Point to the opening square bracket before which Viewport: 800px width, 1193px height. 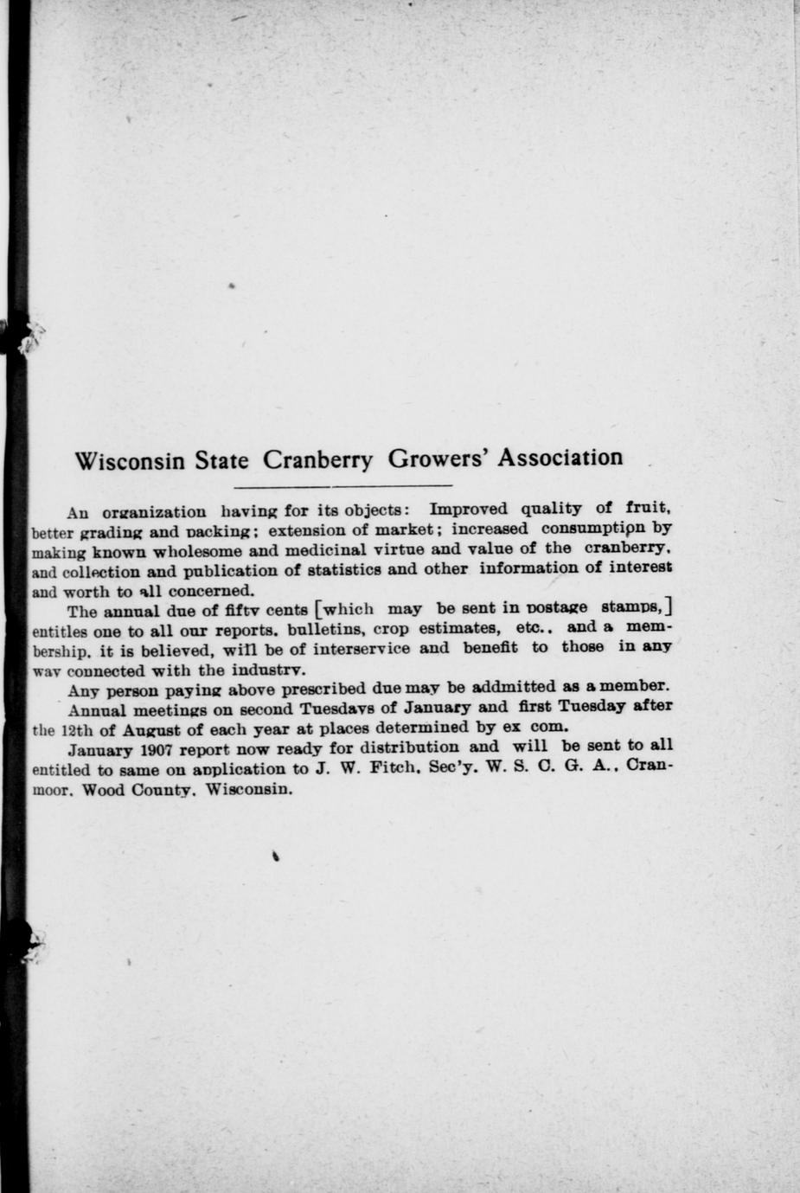[320, 606]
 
